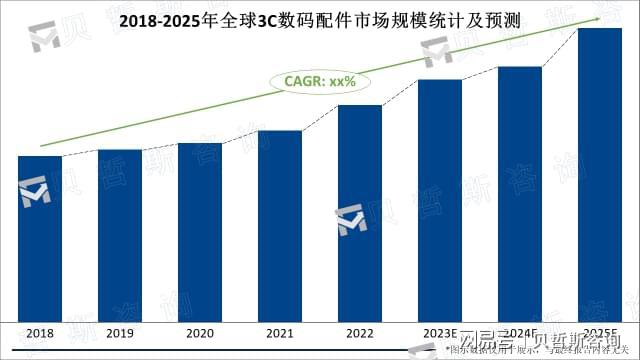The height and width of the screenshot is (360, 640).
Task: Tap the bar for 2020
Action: coord(200,232)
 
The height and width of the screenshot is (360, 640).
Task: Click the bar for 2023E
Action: coord(440,200)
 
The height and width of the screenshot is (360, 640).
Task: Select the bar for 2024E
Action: coord(520,194)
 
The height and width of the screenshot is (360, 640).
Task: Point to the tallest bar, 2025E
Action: coord(600,175)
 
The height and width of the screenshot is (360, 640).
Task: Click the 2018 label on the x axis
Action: coord(40,333)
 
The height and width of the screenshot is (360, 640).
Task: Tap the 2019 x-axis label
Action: coord(120,333)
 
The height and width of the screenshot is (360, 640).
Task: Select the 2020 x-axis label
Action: coord(200,333)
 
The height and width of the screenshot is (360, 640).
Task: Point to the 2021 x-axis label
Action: coord(280,333)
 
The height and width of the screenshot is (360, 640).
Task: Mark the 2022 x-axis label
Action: coord(360,333)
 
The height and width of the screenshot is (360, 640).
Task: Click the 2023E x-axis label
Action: coord(439,333)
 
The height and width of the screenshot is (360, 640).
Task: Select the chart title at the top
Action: coord(320,19)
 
